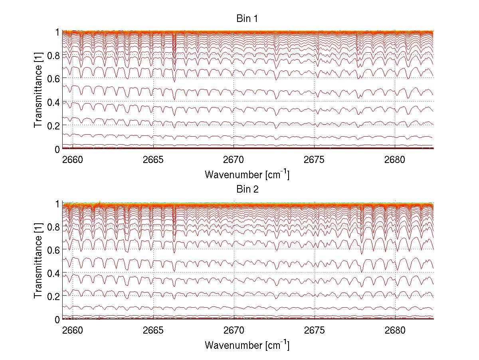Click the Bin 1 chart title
point(247,19)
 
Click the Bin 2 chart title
point(247,189)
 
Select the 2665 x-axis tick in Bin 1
point(153,160)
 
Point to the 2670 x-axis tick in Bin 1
point(234,160)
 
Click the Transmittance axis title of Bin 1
point(38,90)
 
